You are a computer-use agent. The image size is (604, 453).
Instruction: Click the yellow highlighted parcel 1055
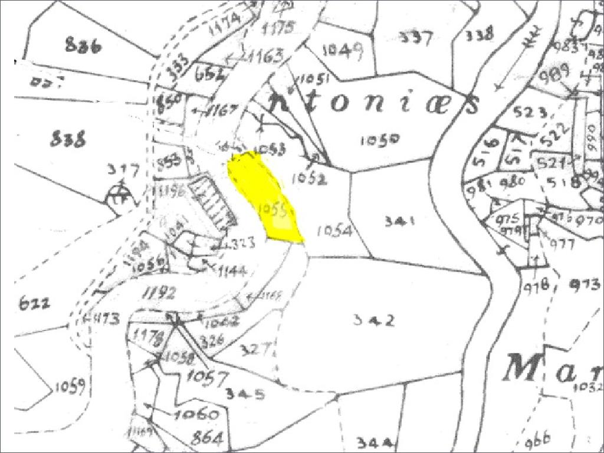265,198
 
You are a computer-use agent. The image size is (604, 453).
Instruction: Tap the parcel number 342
373,320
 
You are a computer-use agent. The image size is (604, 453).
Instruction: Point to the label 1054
334,231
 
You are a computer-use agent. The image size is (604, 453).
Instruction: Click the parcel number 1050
380,140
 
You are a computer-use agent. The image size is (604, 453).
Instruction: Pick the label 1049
342,50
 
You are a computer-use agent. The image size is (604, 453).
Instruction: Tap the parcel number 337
416,38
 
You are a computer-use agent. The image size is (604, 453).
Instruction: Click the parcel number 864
206,438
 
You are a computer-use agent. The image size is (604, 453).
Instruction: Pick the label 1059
70,387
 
